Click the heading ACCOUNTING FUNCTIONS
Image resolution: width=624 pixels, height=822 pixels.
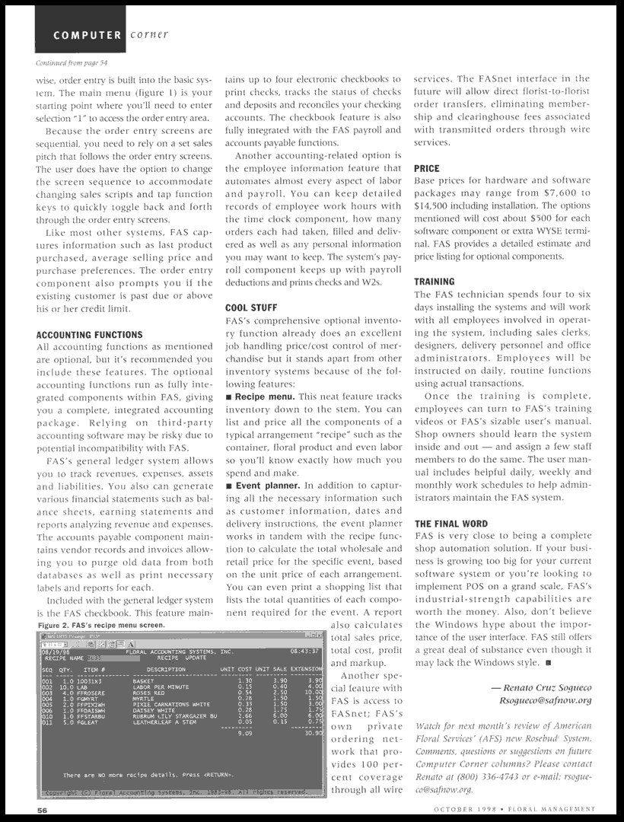[89, 335]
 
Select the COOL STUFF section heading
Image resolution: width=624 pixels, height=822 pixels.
[251, 308]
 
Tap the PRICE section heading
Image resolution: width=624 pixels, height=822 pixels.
[427, 168]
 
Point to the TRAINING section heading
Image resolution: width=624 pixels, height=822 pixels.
[435, 282]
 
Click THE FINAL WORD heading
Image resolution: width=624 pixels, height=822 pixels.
[451, 524]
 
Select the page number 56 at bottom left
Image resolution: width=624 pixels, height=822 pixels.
[43, 811]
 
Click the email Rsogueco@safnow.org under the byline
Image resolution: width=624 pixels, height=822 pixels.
[545, 701]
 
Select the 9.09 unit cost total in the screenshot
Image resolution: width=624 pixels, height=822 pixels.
[244, 733]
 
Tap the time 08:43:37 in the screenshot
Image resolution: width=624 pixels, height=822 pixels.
[304, 652]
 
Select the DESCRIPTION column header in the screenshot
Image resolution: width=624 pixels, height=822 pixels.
[166, 670]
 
